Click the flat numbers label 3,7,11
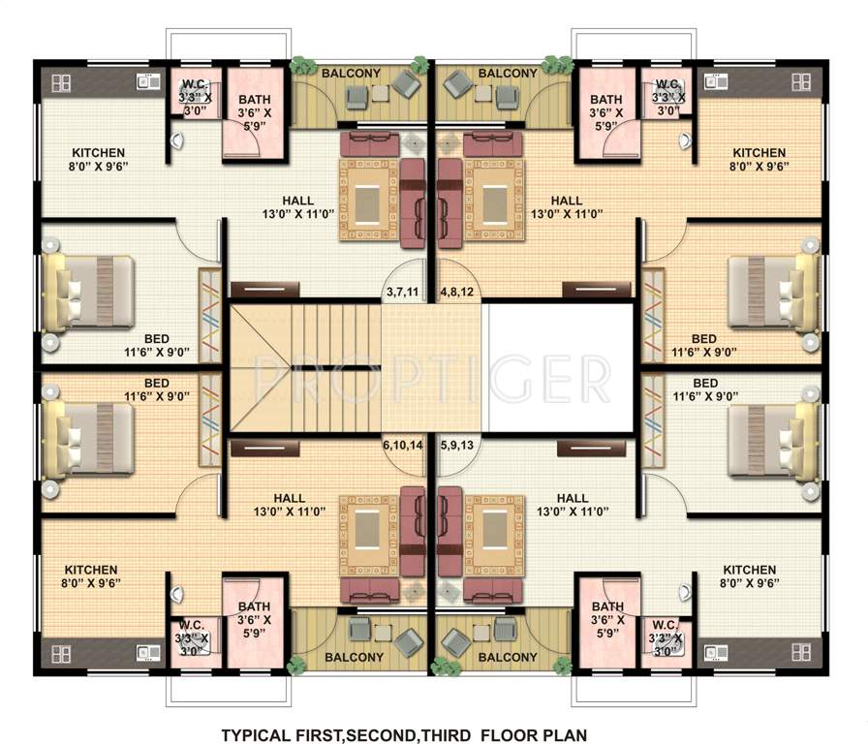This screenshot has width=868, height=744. click(401, 291)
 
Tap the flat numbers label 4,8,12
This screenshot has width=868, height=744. click(456, 291)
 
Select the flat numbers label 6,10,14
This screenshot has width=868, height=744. click(402, 446)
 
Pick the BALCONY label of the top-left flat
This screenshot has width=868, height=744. click(351, 74)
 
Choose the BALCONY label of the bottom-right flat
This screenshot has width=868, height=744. click(508, 658)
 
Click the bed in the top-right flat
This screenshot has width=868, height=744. click(772, 293)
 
